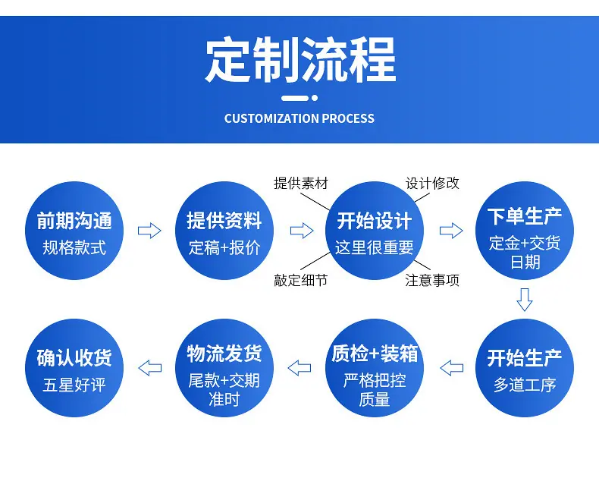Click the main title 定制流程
click(x=301, y=60)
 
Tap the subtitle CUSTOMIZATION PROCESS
click(x=299, y=118)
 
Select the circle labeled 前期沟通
click(x=74, y=231)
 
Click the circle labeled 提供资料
click(x=224, y=231)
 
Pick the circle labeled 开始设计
click(x=375, y=231)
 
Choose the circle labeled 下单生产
click(x=525, y=231)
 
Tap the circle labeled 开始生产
click(x=525, y=368)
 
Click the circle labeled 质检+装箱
click(x=375, y=368)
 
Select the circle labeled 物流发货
click(x=224, y=368)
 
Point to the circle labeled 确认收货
click(x=74, y=368)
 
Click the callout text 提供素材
click(x=301, y=184)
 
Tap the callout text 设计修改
click(x=432, y=184)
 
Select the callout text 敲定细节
click(x=301, y=280)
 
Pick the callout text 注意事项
click(x=432, y=280)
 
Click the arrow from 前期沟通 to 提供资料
click(x=149, y=231)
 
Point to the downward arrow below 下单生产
click(x=525, y=300)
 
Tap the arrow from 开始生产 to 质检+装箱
click(x=452, y=368)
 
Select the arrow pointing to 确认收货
click(x=150, y=368)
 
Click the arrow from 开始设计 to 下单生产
click(x=451, y=231)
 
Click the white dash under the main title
click(x=295, y=99)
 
